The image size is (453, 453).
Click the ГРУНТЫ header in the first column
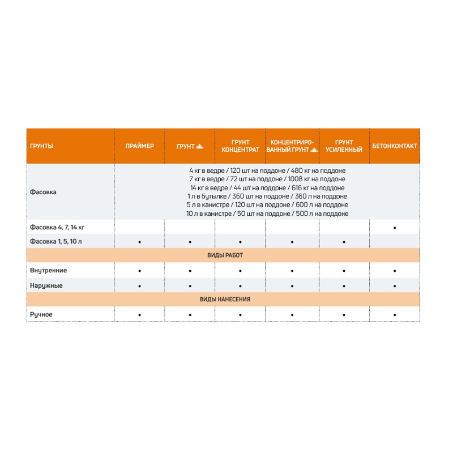pos(42,146)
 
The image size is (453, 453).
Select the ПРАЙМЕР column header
pos(139,146)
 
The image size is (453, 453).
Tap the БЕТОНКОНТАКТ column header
pos(395,146)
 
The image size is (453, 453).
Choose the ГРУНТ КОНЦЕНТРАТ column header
pos(240,146)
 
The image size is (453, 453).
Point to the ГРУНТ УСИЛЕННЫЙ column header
pos(344,146)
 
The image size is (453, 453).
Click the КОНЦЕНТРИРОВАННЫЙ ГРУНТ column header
pos(292,146)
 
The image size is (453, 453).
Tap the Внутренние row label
pos(48,271)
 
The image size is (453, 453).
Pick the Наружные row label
pos(46,285)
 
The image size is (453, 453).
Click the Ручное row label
pos(41,314)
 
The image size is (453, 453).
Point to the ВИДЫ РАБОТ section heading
pos(225,256)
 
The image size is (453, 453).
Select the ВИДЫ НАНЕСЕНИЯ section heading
pos(225,300)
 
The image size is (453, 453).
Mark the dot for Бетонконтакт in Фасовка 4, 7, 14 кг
pos(395,228)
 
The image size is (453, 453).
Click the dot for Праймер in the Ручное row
pos(139,315)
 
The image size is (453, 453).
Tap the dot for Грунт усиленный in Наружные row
pos(344,286)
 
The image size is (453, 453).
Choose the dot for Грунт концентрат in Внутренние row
pos(240,271)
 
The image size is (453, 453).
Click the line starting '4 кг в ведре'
pos(267,170)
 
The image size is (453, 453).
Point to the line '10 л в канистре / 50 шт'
pos(267,213)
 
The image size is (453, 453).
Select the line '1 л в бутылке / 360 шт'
pos(267,196)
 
